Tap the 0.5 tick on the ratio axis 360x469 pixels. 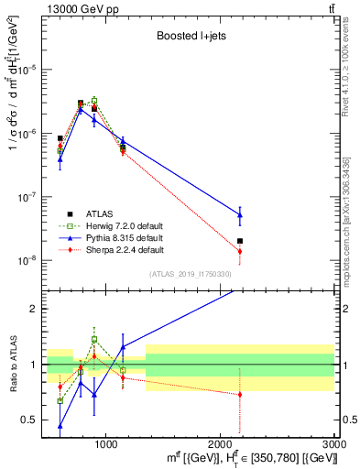pos(31,420)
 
